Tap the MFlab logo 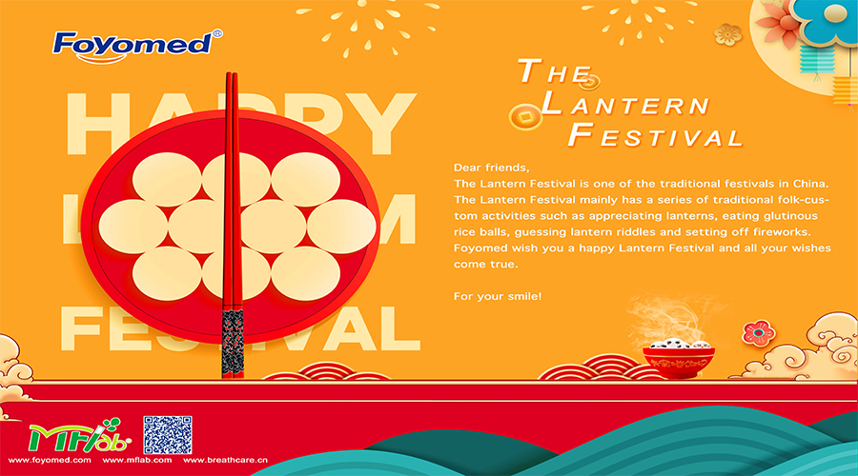tap(80, 436)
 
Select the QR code tap(168, 435)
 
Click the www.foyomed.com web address tap(50, 460)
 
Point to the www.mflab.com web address tap(136, 460)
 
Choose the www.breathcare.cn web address tap(225, 460)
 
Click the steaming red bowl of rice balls tap(679, 358)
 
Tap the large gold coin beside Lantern tap(525, 117)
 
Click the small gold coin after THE tap(589, 83)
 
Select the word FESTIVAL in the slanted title tap(656, 135)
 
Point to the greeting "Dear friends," tap(491, 168)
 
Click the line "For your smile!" tap(498, 296)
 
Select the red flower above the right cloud tap(759, 333)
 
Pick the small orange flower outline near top tap(727, 35)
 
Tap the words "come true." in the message tap(485, 264)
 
